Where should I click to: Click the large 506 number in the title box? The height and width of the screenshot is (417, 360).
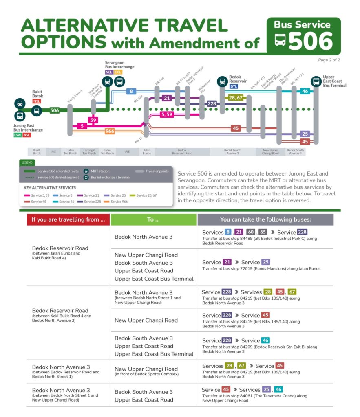click(x=311, y=41)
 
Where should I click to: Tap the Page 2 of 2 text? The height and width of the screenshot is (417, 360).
click(x=329, y=60)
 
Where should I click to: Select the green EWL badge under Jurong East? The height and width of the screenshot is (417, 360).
click(x=18, y=135)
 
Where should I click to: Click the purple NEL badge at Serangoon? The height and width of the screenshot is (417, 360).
click(x=108, y=72)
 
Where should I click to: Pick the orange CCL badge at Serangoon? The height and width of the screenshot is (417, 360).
click(x=118, y=72)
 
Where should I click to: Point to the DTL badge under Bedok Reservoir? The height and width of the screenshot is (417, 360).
click(x=234, y=86)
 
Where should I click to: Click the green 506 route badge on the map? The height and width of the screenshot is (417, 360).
click(x=55, y=110)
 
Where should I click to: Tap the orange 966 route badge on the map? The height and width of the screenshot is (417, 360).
click(x=110, y=131)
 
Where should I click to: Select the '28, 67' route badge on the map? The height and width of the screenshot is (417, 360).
click(x=236, y=97)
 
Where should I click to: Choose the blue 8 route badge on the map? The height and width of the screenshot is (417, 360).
click(x=131, y=91)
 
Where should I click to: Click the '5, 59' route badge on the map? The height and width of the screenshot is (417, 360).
click(x=167, y=115)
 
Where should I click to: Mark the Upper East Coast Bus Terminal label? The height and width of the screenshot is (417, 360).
click(x=334, y=81)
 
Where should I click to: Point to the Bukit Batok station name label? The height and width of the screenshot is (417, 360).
click(x=38, y=94)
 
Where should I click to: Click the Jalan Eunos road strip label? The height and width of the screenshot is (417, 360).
click(x=147, y=152)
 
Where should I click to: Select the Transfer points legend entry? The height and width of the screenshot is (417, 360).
click(x=153, y=171)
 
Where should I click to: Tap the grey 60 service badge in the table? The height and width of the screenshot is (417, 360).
click(x=251, y=232)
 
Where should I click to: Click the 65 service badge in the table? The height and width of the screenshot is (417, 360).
click(x=263, y=232)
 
